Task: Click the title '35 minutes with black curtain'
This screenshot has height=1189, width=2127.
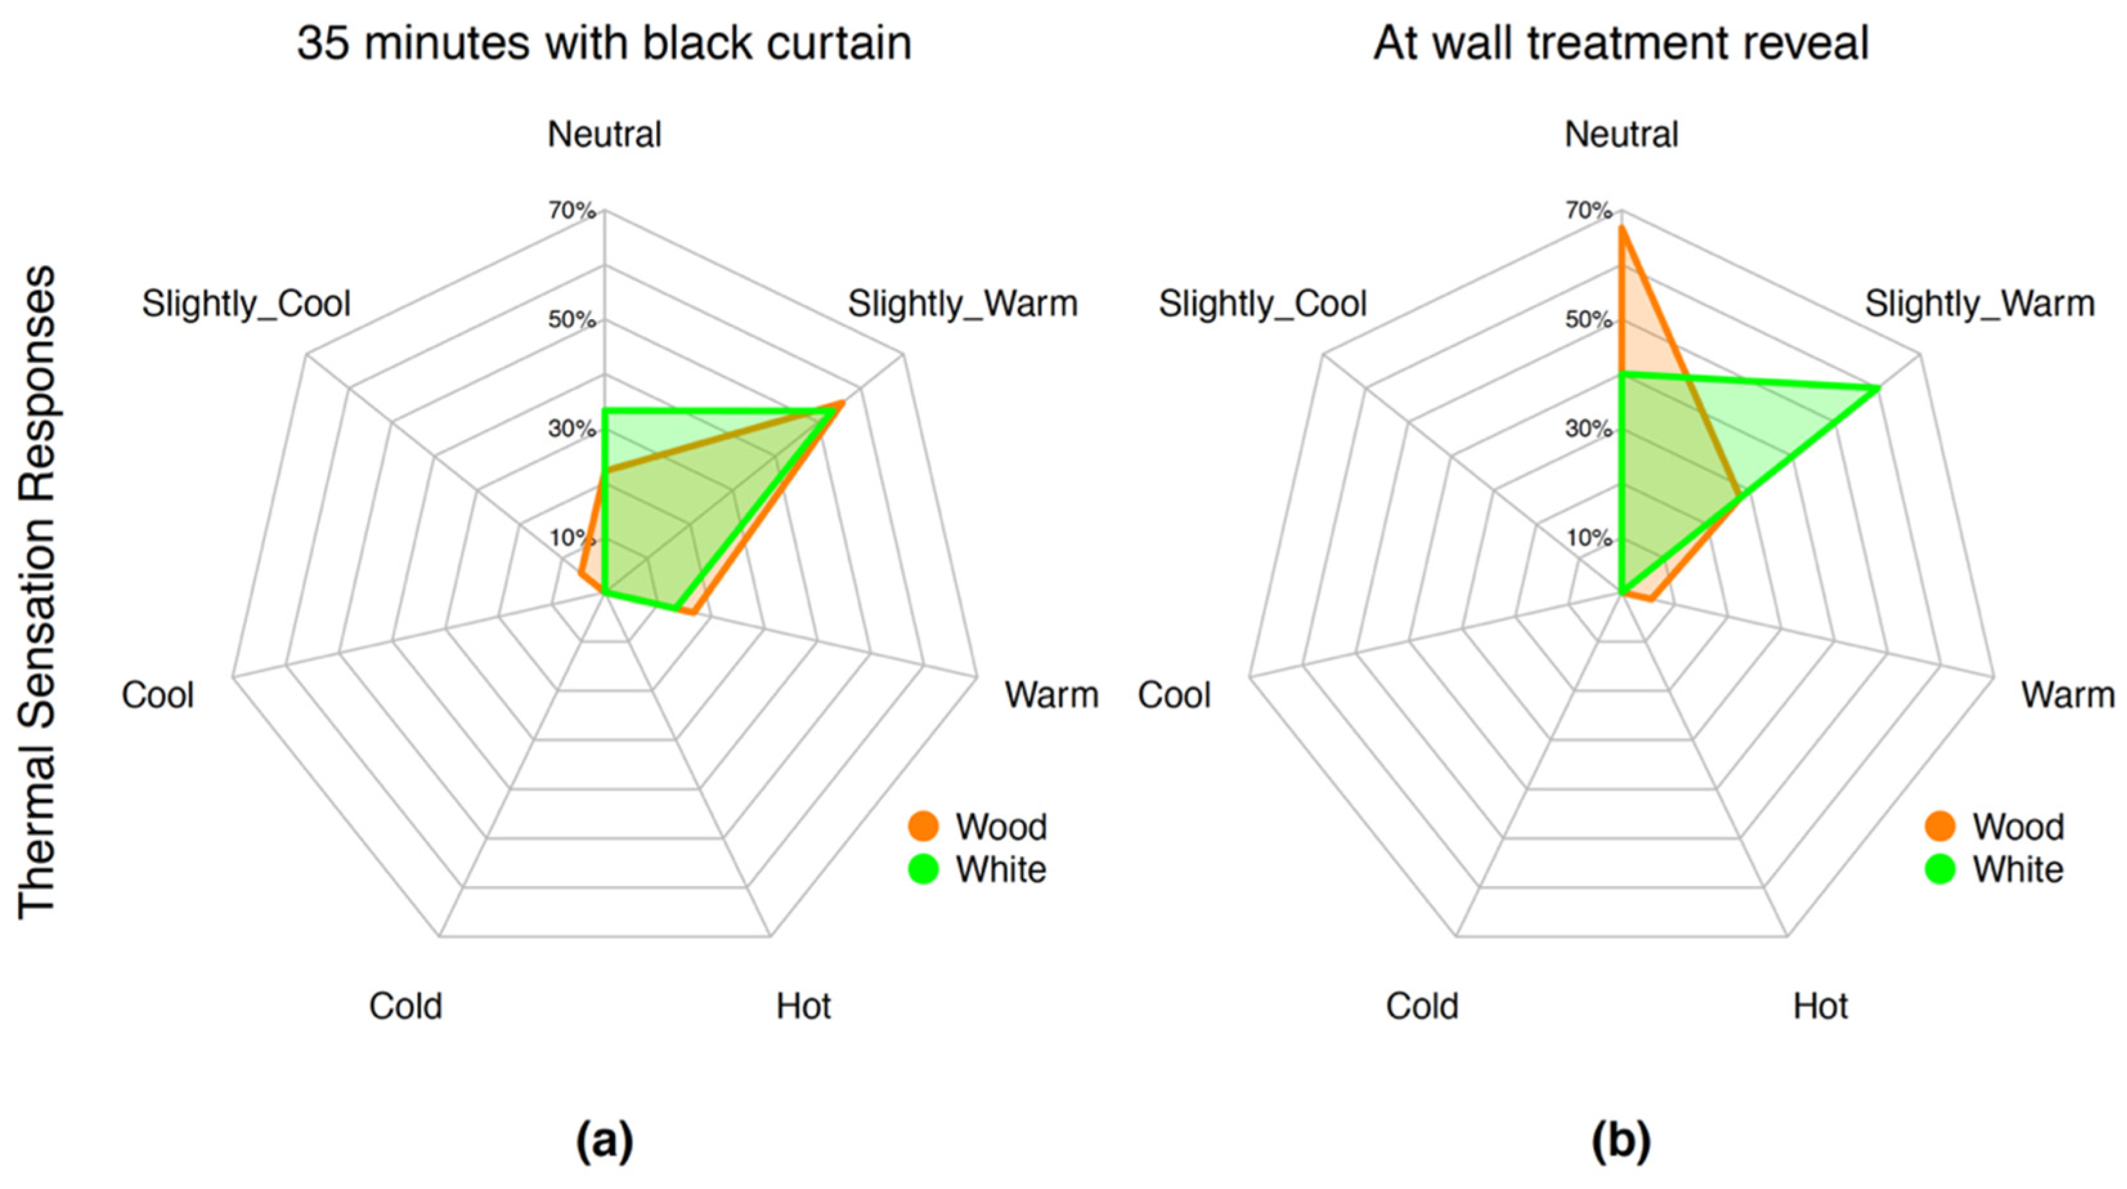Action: click(603, 43)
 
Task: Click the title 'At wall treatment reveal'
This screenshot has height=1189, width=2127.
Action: click(1621, 43)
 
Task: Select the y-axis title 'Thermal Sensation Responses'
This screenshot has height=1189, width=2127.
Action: click(37, 591)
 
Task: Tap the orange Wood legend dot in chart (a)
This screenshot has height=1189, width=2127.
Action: click(923, 825)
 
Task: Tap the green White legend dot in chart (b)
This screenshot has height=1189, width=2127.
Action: click(1940, 869)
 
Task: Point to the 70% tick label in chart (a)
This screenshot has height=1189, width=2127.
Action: click(572, 212)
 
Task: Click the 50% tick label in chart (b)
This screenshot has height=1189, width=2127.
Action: click(1588, 320)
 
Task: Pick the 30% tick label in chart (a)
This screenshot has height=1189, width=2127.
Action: click(572, 429)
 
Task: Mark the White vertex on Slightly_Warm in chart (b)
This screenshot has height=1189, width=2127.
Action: click(1879, 387)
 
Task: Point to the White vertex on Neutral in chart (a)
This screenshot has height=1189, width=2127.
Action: click(604, 410)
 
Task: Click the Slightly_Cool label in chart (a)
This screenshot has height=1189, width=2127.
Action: click(246, 304)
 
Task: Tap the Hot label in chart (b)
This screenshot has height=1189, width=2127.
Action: click(1820, 1006)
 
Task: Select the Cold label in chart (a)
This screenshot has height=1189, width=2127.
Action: click(405, 1006)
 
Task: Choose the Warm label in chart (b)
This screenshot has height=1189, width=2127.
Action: click(2068, 696)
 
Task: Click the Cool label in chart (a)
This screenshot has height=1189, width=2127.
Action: click(158, 696)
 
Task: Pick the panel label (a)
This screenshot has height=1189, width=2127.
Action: click(604, 1142)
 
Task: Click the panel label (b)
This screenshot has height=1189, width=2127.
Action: click(1621, 1142)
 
